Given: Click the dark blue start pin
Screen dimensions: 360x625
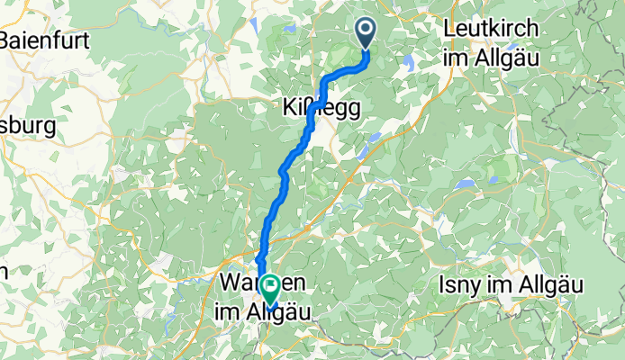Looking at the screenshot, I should click(x=367, y=32).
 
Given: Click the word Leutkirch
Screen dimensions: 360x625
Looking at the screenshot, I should click(x=492, y=29).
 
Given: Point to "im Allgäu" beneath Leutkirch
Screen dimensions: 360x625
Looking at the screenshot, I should click(x=490, y=56).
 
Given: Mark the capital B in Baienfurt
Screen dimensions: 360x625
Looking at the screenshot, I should click(x=7, y=40).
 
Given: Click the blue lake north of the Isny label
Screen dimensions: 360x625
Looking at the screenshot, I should click(x=465, y=184).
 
